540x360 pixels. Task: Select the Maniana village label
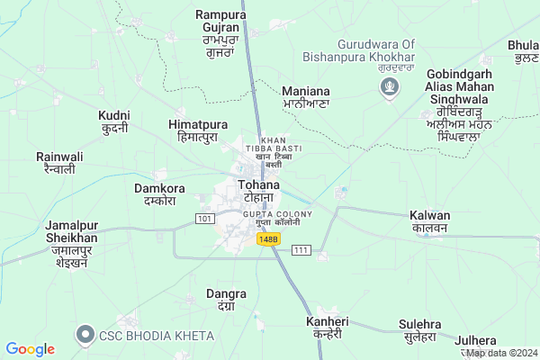[306, 97]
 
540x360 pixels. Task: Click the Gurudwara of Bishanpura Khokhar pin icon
[389, 87]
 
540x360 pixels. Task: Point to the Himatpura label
[197, 130]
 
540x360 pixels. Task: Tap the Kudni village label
[115, 122]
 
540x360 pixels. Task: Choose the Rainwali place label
[59, 162]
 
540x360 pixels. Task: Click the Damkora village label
[159, 194]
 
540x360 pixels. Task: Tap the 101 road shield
[206, 219]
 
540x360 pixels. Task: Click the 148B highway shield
[267, 238]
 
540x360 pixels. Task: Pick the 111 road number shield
[300, 249]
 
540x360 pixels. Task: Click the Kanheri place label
[324, 327]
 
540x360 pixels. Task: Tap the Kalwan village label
[429, 221]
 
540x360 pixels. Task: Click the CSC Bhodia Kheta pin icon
[86, 335]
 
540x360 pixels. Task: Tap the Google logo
[30, 348]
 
